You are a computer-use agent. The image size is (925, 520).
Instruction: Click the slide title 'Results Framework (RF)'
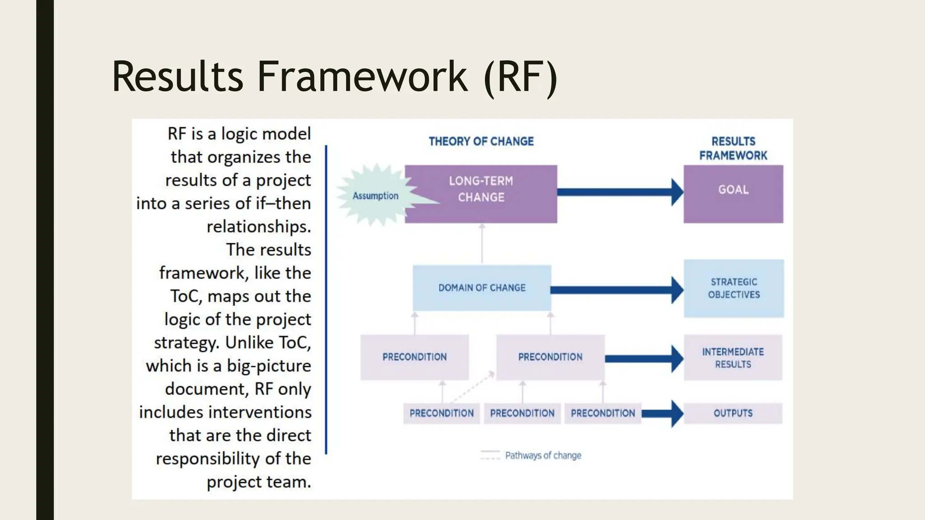334,77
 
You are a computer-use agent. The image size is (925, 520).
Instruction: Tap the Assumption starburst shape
374,195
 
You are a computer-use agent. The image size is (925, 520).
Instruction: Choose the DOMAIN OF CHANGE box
481,288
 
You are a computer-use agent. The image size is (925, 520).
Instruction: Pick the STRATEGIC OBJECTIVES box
733,288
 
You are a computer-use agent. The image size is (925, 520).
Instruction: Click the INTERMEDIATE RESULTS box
733,357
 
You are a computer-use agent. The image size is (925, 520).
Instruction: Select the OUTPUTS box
733,413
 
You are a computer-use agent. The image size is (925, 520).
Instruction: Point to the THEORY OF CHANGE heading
481,141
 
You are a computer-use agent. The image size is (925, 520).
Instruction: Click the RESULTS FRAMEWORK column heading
733,148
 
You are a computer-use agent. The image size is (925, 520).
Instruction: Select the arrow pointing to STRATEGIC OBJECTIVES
617,290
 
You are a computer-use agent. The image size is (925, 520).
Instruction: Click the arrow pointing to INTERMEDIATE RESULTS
644,359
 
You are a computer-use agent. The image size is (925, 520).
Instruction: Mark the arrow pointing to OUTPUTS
662,413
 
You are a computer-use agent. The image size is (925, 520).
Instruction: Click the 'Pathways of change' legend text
543,455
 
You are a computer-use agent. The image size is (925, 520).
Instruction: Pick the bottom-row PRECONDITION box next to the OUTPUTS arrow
603,413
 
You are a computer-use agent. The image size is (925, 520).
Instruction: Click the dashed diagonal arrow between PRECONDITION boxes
472,387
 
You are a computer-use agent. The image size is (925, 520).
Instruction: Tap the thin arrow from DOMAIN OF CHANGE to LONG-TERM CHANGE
482,244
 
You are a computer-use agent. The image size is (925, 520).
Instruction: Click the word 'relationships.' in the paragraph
259,227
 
